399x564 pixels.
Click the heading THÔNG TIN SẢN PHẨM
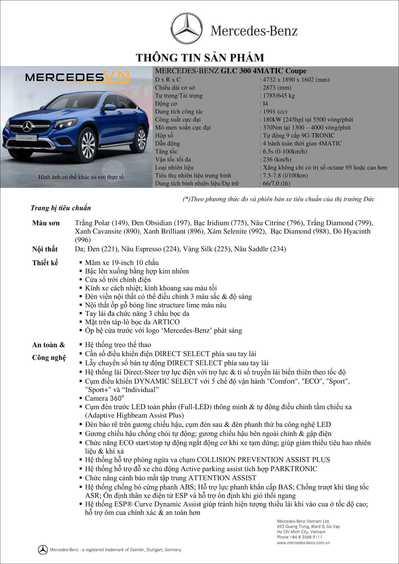pos(200,58)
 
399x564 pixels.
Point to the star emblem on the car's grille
pos(28,127)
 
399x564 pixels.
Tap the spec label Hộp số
pos(164,136)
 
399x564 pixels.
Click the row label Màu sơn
pos(46,223)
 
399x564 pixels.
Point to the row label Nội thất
pos(45,249)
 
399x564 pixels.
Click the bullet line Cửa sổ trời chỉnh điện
pos(118,280)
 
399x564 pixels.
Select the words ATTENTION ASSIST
pos(222,478)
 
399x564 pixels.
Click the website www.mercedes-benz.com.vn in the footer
pos(303,543)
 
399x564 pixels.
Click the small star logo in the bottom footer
pos(43,550)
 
